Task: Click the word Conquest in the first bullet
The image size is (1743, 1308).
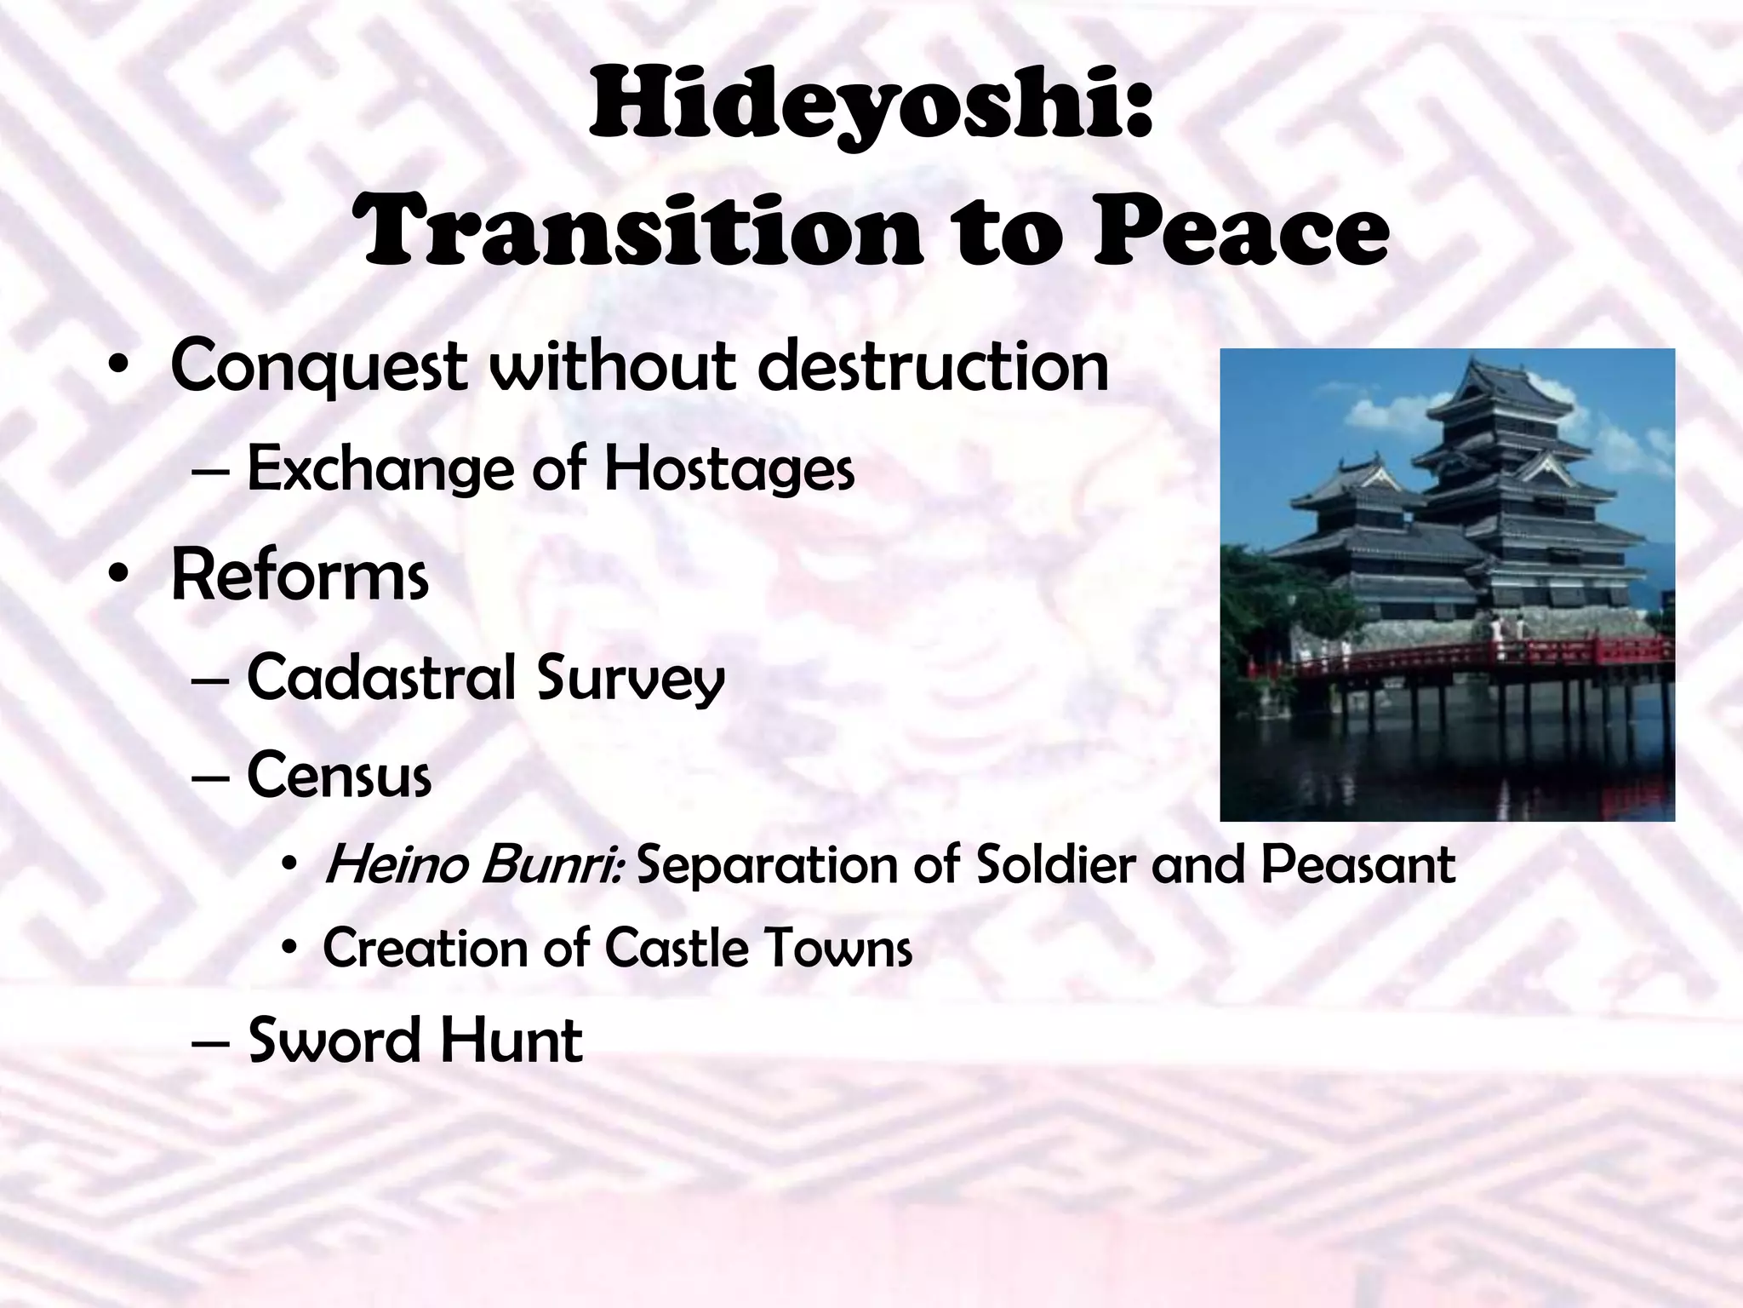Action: click(x=317, y=367)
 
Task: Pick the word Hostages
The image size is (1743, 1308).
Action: click(x=729, y=469)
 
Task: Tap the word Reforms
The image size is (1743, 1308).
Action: click(x=300, y=577)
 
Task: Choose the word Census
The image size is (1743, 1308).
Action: click(x=339, y=775)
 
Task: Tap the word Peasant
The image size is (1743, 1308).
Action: click(x=1358, y=865)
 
